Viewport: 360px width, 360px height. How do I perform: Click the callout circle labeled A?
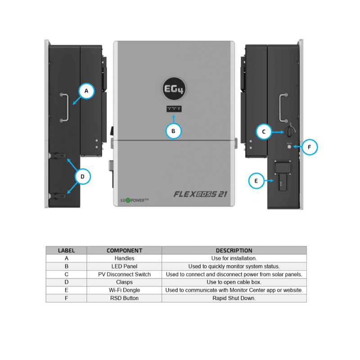(x=86, y=91)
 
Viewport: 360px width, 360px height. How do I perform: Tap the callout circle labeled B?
(x=173, y=131)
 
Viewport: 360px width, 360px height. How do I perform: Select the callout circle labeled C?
(x=264, y=131)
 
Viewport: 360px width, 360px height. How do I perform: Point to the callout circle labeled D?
(x=83, y=176)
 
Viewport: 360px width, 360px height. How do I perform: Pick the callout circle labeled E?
(x=256, y=181)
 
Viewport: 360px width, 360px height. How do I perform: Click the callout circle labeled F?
(x=310, y=147)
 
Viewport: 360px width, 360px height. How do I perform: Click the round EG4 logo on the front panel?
(x=173, y=88)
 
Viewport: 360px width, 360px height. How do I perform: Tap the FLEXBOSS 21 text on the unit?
(x=200, y=195)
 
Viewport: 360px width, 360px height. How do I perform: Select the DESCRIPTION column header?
(x=234, y=250)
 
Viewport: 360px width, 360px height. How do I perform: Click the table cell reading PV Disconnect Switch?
(x=124, y=274)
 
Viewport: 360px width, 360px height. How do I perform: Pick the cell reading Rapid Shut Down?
(x=234, y=298)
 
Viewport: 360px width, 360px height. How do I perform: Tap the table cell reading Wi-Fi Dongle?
(x=124, y=290)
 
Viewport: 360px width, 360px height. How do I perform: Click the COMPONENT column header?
(x=124, y=250)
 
